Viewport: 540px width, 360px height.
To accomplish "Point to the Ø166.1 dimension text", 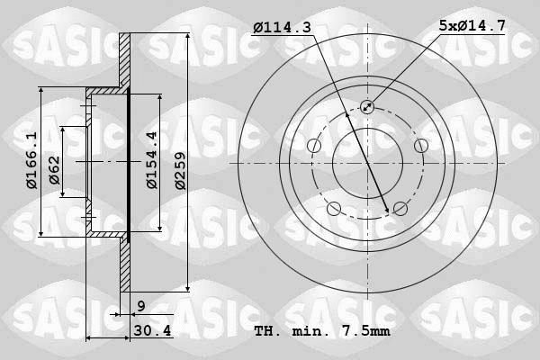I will click(31, 161).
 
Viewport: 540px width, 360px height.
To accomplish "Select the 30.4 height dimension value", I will click(151, 332).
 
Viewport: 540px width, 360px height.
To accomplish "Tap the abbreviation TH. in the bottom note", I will click(267, 332).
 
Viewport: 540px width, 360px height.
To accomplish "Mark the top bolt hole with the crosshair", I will click(367, 107).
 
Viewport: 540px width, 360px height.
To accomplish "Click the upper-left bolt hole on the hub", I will click(314, 146).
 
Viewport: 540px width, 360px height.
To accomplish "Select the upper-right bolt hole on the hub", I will click(420, 146).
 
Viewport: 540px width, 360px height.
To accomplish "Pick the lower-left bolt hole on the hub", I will click(334, 209).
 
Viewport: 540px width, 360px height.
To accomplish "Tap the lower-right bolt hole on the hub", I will click(400, 209).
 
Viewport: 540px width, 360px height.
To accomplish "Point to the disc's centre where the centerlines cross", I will click(367, 163).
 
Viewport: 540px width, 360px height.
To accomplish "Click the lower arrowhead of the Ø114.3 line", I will click(388, 211).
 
